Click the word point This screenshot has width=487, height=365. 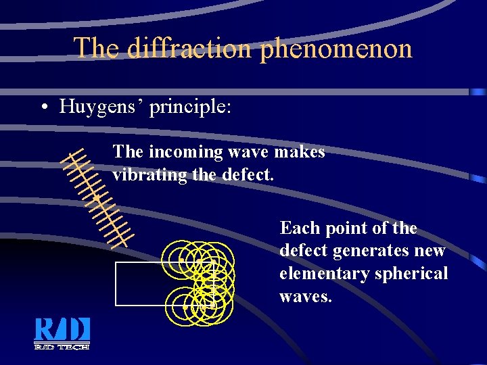coord(349,228)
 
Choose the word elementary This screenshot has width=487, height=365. coord(321,274)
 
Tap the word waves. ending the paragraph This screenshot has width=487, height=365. coord(306,297)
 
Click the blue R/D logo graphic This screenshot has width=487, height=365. coord(62,329)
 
